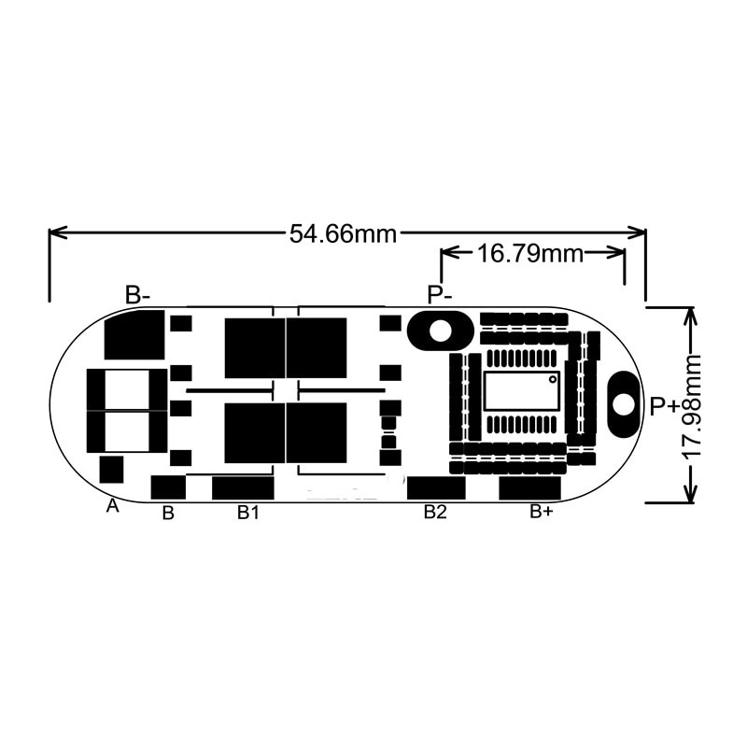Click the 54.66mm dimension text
pyautogui.click(x=343, y=233)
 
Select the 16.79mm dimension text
pyautogui.click(x=529, y=252)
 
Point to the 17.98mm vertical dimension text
pyautogui.click(x=692, y=405)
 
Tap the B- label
pyautogui.click(x=137, y=295)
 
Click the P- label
pyautogui.click(x=440, y=295)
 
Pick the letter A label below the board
pyautogui.click(x=113, y=506)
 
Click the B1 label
pyautogui.click(x=247, y=512)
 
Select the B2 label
pyautogui.click(x=436, y=512)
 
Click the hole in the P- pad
pyautogui.click(x=438, y=330)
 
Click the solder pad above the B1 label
pyautogui.click(x=243, y=487)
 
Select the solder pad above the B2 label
pyautogui.click(x=436, y=487)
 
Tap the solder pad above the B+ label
pyautogui.click(x=529, y=487)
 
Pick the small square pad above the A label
pyautogui.click(x=111, y=469)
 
